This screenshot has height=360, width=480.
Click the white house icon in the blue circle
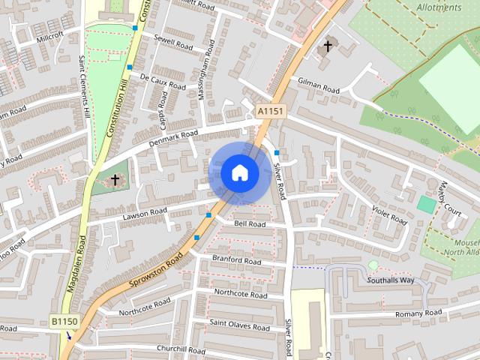(x=239, y=172)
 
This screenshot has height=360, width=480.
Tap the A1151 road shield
(x=270, y=111)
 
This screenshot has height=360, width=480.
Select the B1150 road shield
(x=64, y=321)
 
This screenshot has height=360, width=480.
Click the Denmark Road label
(x=173, y=136)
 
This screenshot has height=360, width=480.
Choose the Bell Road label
(x=250, y=223)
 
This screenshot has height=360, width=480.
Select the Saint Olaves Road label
(x=239, y=327)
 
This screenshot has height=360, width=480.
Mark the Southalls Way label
(x=390, y=280)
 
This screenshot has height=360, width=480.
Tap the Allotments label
(x=439, y=7)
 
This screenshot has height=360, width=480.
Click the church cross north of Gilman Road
(x=327, y=46)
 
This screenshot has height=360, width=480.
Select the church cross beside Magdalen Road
(x=115, y=180)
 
